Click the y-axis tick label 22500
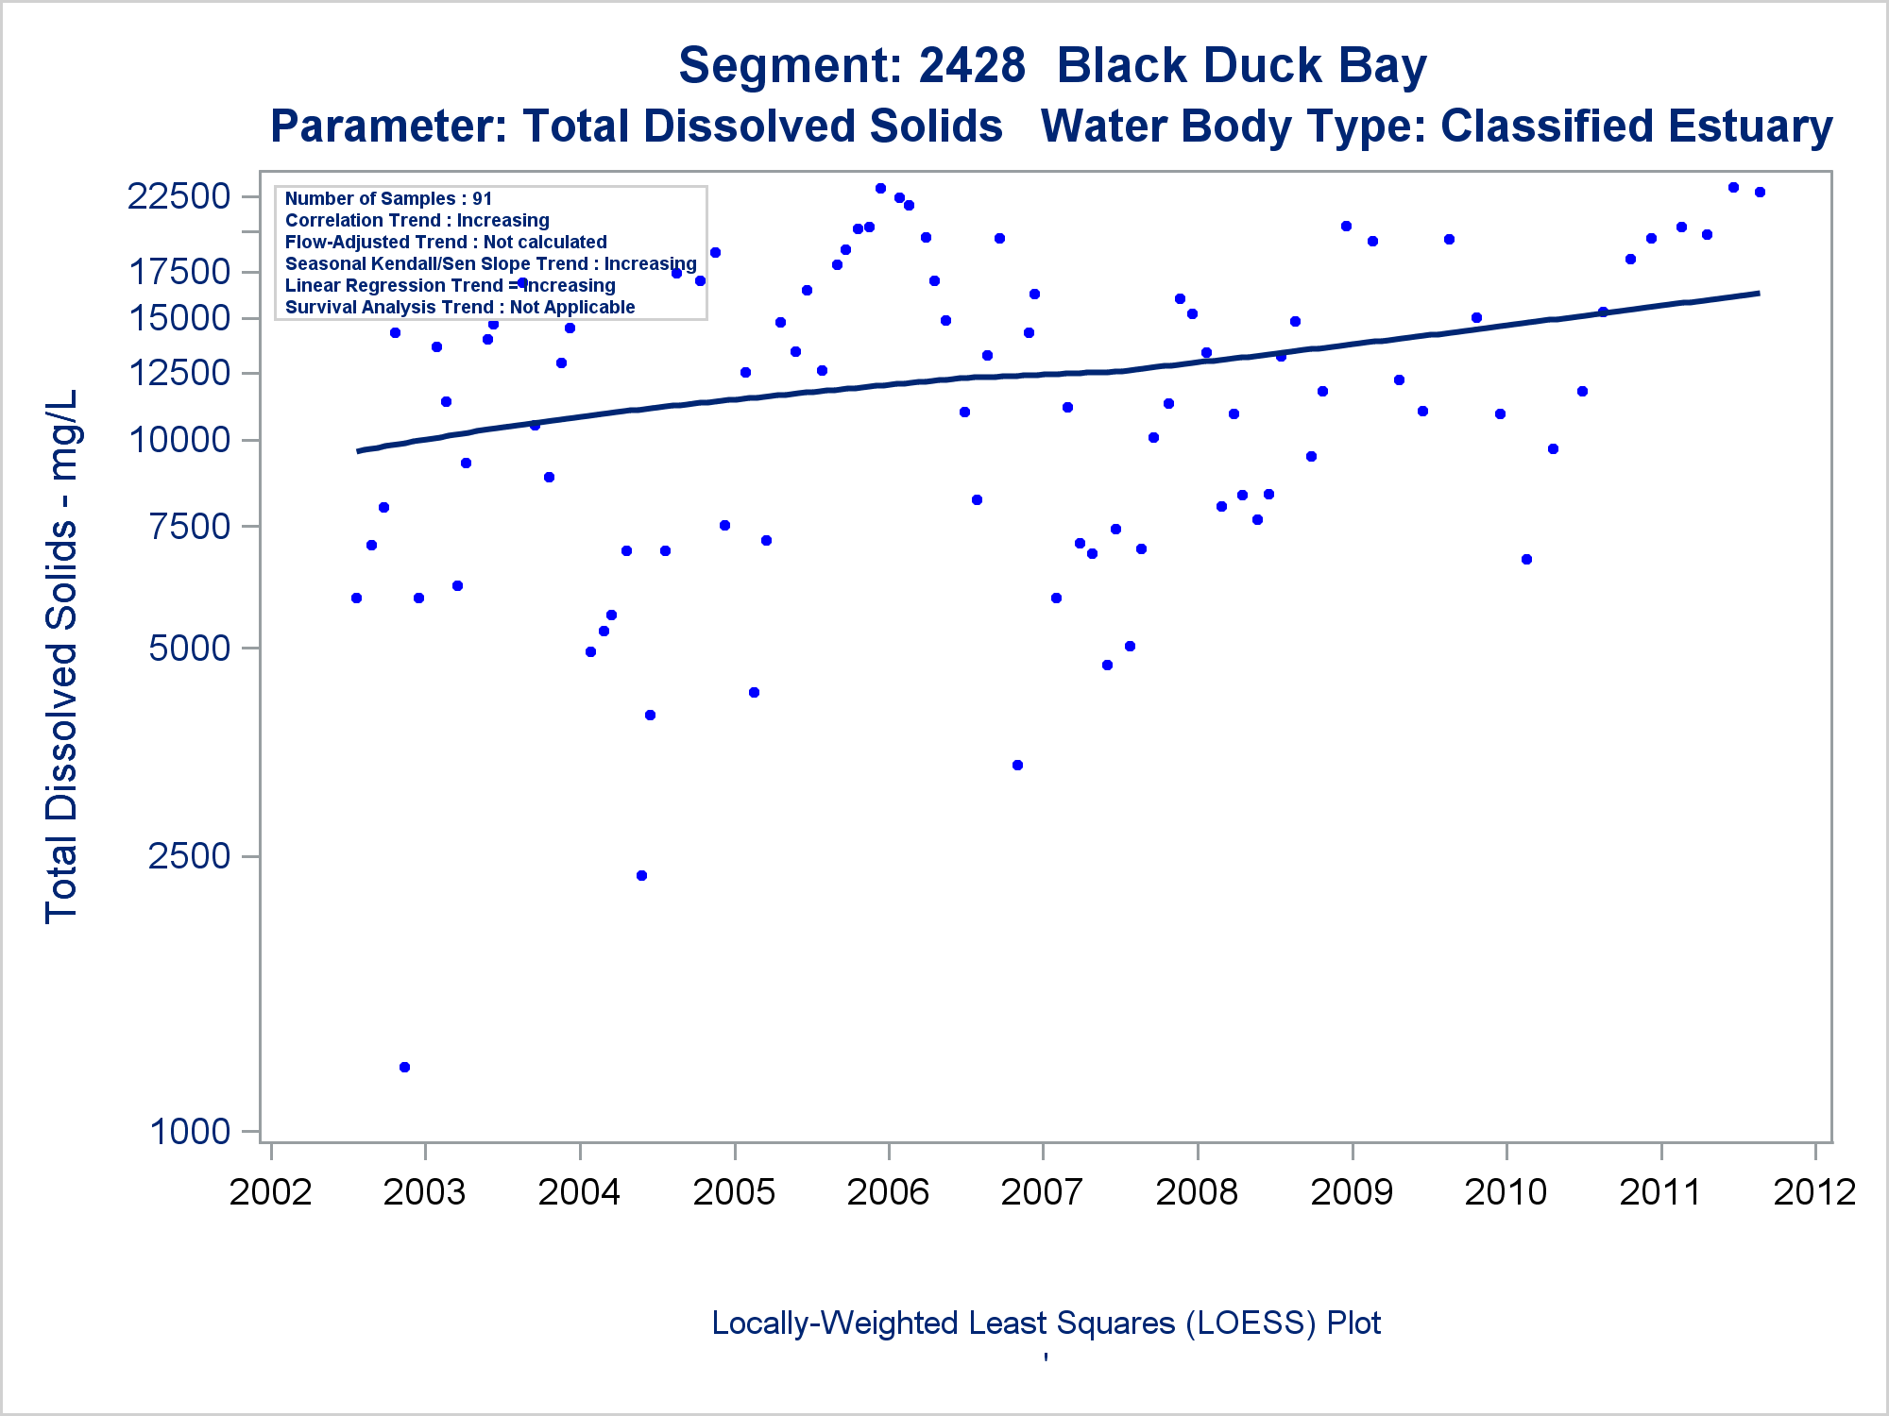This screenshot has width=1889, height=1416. (x=179, y=196)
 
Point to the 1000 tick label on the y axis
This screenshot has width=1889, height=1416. (x=190, y=1131)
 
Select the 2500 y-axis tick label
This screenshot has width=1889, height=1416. (x=190, y=856)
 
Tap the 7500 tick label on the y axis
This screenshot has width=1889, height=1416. (x=190, y=526)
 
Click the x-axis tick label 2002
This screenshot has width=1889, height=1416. (x=270, y=1192)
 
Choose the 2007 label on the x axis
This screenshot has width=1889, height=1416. (x=1042, y=1192)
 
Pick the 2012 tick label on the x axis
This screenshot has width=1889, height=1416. (x=1814, y=1192)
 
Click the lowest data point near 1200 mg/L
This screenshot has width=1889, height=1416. (x=404, y=1068)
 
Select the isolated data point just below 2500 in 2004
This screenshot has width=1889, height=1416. (x=641, y=876)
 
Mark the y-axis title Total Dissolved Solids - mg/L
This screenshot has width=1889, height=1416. (x=61, y=656)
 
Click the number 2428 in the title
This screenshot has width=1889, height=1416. (x=971, y=66)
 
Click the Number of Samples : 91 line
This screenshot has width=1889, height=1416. (x=388, y=198)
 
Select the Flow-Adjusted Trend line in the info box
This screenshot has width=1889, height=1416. (x=446, y=242)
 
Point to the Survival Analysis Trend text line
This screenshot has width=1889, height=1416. (x=460, y=307)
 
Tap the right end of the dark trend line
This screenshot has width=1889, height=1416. (x=1758, y=294)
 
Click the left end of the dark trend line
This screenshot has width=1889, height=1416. (x=358, y=451)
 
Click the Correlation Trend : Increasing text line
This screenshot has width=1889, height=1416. (x=417, y=220)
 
